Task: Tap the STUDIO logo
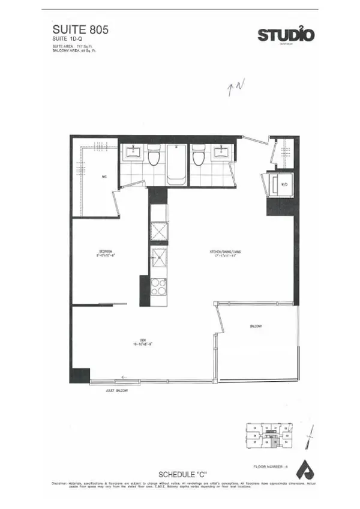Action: pos(286,35)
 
